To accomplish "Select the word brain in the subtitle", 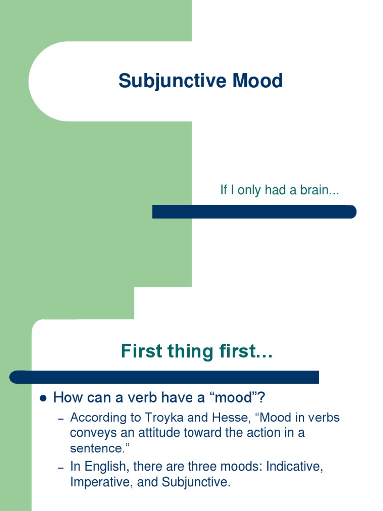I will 320,190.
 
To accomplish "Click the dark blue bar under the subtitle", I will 254,212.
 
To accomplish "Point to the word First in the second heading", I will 141,352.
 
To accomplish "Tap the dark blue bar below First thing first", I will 165,377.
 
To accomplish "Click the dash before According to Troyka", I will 61,418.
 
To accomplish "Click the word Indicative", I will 294,467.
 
